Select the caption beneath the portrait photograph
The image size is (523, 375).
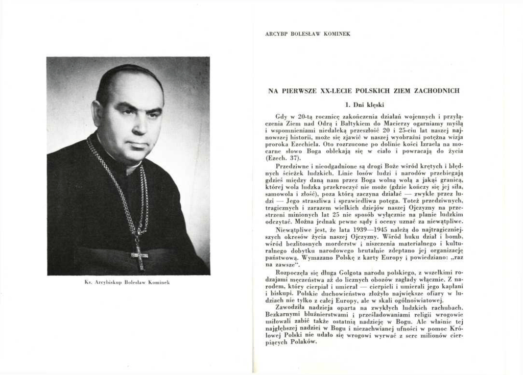[128, 282]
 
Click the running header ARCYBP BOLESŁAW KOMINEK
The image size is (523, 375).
[307, 34]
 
